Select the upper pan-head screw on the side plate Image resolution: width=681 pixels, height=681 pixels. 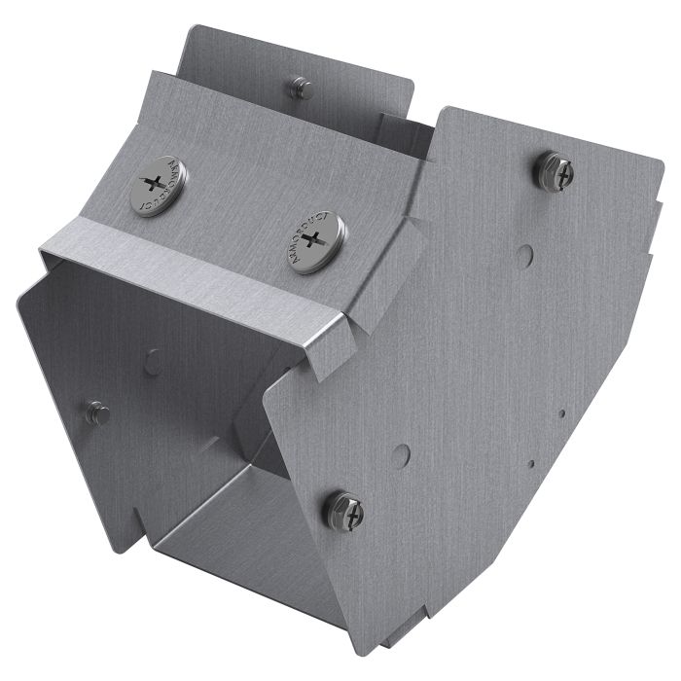point(555,171)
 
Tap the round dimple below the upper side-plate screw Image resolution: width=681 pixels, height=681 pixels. point(524,256)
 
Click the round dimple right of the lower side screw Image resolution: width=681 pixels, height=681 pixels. point(401,453)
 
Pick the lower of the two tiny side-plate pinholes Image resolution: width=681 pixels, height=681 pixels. point(530,464)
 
